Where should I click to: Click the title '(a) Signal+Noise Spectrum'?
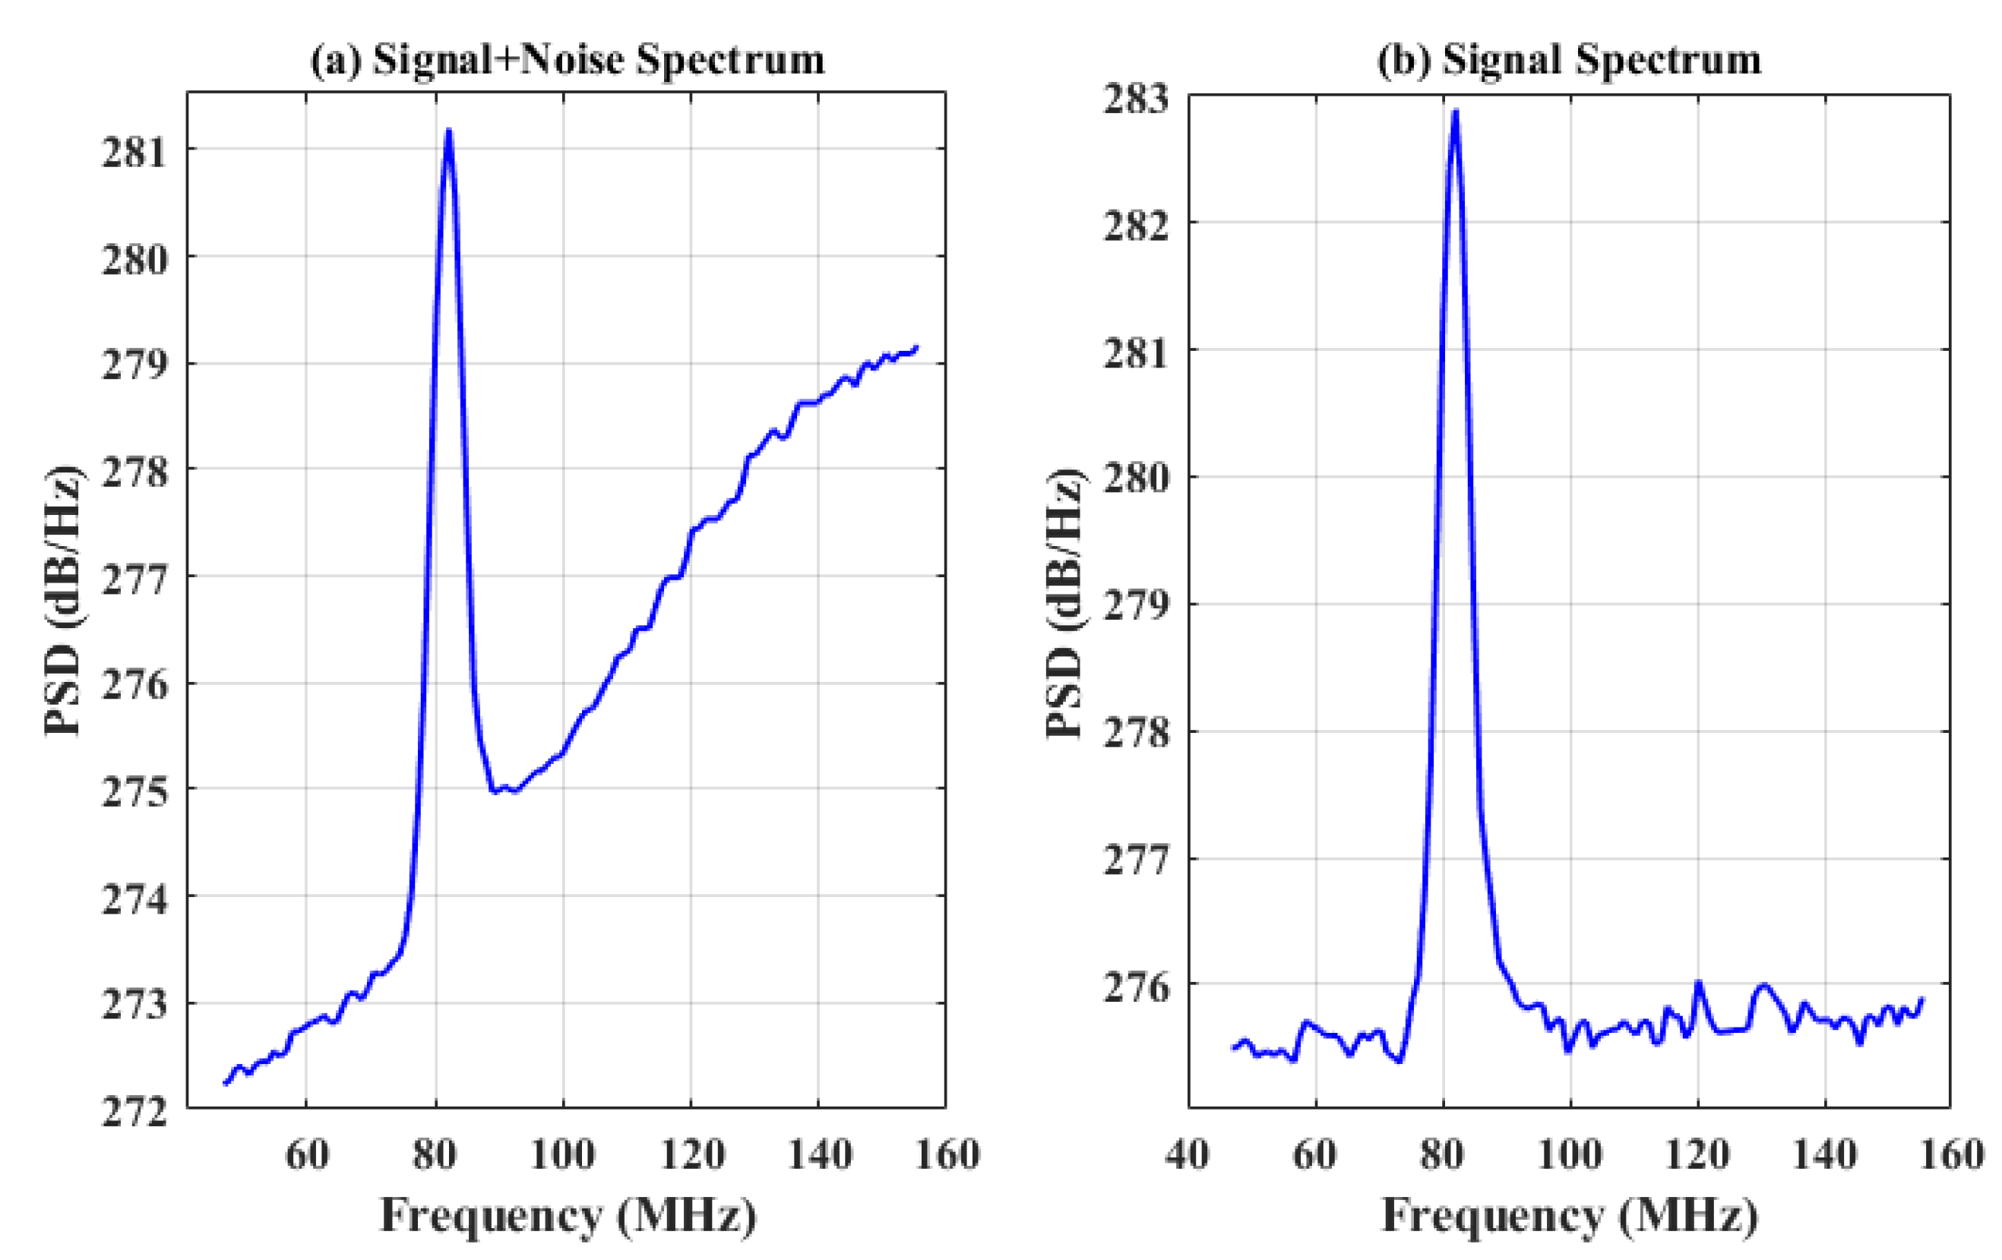(x=567, y=60)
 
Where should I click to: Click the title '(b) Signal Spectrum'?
(x=1569, y=60)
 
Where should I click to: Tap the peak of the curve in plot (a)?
(x=449, y=131)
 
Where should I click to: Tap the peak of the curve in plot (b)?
(x=1455, y=112)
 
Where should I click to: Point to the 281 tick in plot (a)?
(x=134, y=153)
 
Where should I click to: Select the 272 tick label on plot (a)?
(x=134, y=1112)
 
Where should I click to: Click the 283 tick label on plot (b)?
(x=1136, y=99)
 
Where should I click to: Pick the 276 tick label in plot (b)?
(x=1136, y=987)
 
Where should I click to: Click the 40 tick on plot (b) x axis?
(x=1188, y=1155)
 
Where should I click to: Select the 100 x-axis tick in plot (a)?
(x=563, y=1155)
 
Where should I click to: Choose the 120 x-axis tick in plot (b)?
(x=1697, y=1155)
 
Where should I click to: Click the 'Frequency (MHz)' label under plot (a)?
(x=568, y=1216)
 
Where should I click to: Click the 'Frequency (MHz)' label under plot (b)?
(x=1570, y=1216)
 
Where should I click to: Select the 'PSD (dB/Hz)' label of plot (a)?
(x=64, y=600)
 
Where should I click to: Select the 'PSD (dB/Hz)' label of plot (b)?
(x=1065, y=600)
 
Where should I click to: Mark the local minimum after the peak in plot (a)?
(x=495, y=791)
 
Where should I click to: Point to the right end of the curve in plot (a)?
(x=916, y=346)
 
